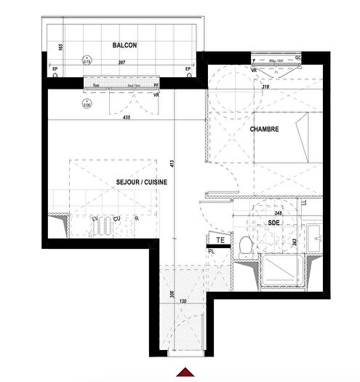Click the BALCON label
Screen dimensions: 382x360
tap(125, 46)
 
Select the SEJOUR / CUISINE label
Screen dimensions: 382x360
tap(142, 183)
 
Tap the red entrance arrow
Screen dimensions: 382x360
tap(188, 373)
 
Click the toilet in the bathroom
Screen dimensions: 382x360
tap(246, 245)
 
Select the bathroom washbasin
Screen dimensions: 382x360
tap(314, 236)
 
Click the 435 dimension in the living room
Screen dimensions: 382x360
tap(128, 117)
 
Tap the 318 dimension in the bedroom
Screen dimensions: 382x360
tap(267, 87)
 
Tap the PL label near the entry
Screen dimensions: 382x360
tap(211, 251)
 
